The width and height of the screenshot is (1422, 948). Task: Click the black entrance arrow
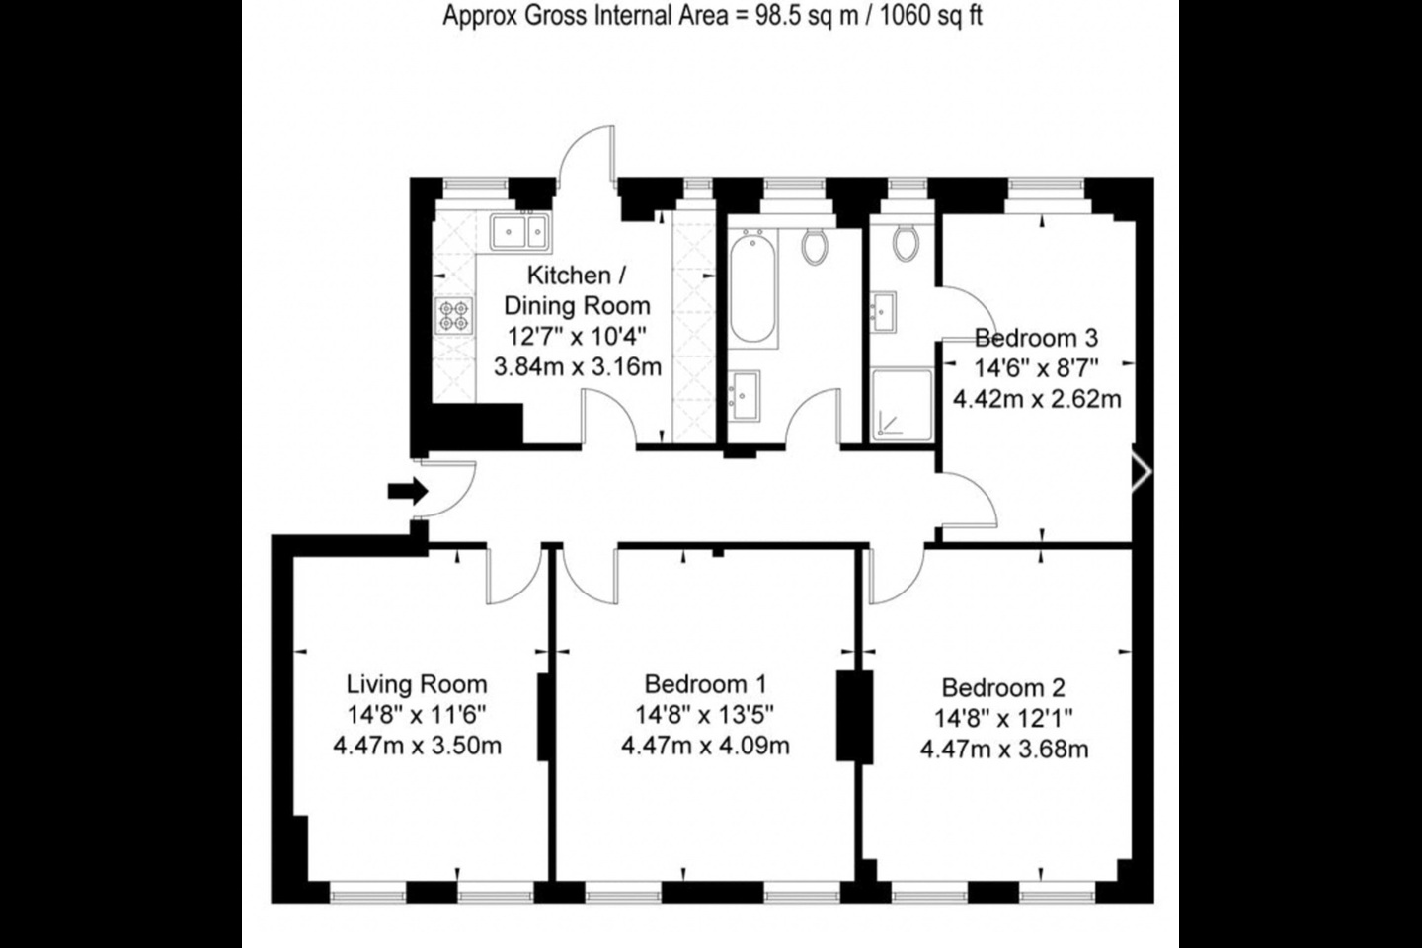click(408, 490)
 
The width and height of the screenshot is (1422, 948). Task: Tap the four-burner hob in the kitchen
click(454, 315)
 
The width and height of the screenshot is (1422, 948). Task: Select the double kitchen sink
click(519, 231)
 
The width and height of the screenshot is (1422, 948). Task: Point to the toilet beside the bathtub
click(814, 246)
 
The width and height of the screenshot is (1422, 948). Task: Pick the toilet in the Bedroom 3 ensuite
click(906, 242)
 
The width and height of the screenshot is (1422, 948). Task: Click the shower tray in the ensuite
click(903, 405)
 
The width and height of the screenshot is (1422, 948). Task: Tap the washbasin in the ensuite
click(883, 312)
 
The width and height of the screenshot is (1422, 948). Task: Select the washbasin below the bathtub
click(744, 396)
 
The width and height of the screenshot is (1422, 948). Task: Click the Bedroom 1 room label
click(705, 684)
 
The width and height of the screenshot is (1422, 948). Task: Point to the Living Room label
click(417, 684)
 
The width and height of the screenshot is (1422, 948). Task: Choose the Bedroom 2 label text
click(1003, 687)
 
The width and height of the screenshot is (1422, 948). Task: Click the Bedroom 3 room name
click(1036, 338)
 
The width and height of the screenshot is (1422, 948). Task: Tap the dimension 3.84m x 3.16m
click(578, 367)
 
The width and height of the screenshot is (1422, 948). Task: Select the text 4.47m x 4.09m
click(705, 745)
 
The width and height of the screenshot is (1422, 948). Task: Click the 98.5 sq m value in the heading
click(806, 16)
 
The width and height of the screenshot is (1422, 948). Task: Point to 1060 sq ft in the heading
click(931, 16)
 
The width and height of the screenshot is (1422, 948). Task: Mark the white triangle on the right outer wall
click(1142, 472)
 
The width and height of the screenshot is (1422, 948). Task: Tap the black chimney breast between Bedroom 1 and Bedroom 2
click(854, 716)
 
